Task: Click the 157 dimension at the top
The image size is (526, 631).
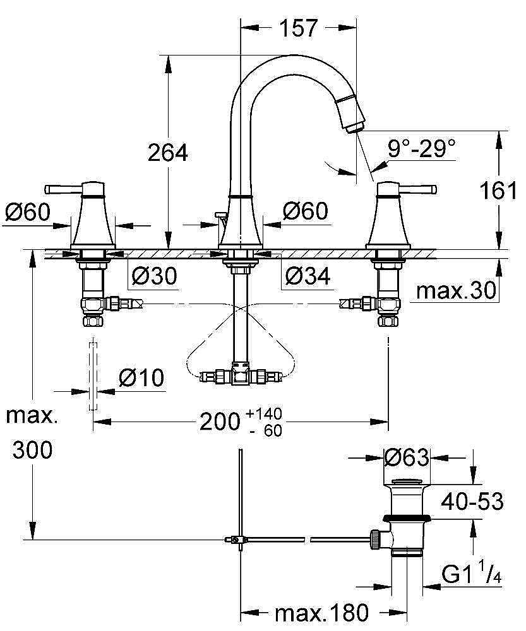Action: click(299, 28)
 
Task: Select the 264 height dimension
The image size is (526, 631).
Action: click(168, 153)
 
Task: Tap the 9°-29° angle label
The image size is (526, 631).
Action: click(422, 148)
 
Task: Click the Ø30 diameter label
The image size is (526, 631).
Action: click(155, 276)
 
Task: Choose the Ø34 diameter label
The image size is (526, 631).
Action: click(308, 276)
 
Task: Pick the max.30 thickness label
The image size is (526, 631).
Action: click(456, 290)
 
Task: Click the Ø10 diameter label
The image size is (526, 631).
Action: click(141, 377)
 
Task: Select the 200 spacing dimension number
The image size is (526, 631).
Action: click(220, 422)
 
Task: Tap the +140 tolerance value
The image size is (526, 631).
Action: click(265, 413)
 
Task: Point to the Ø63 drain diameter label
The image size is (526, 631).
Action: click(406, 457)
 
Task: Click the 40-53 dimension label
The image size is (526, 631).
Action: click(472, 502)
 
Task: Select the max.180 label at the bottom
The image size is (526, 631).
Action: click(322, 613)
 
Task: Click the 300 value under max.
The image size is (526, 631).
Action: click(32, 449)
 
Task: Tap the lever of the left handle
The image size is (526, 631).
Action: click(64, 189)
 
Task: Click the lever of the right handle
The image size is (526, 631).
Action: click(417, 189)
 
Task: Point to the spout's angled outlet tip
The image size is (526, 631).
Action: click(354, 126)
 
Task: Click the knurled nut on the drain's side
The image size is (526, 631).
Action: click(375, 540)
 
